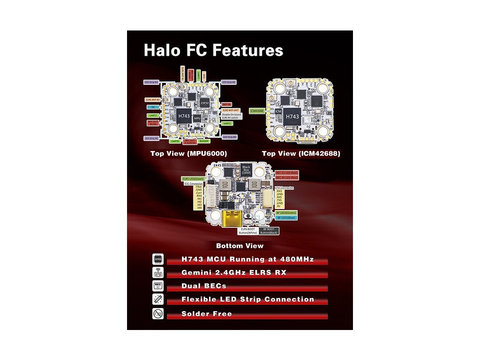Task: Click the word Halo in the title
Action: [x=162, y=50]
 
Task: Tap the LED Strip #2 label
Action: [x=152, y=82]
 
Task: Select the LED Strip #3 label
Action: [x=229, y=82]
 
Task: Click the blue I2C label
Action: [x=153, y=107]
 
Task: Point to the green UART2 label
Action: [x=153, y=115]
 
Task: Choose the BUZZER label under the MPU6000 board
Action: [x=203, y=141]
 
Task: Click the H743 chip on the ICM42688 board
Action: [x=292, y=116]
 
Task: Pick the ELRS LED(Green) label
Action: [x=194, y=179]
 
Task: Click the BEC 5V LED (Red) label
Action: [x=287, y=173]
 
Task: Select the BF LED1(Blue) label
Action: [x=286, y=218]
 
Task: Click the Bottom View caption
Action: [x=240, y=246]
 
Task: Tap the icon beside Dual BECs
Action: [x=158, y=286]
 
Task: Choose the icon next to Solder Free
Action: [x=158, y=314]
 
